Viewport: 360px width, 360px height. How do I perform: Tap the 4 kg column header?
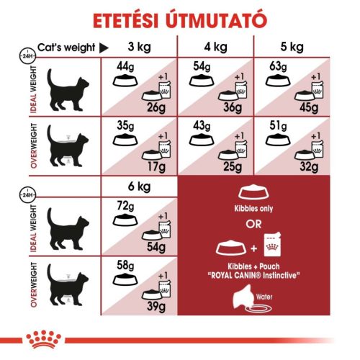[x=215, y=48]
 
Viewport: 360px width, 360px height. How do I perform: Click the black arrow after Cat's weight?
[x=103, y=48]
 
